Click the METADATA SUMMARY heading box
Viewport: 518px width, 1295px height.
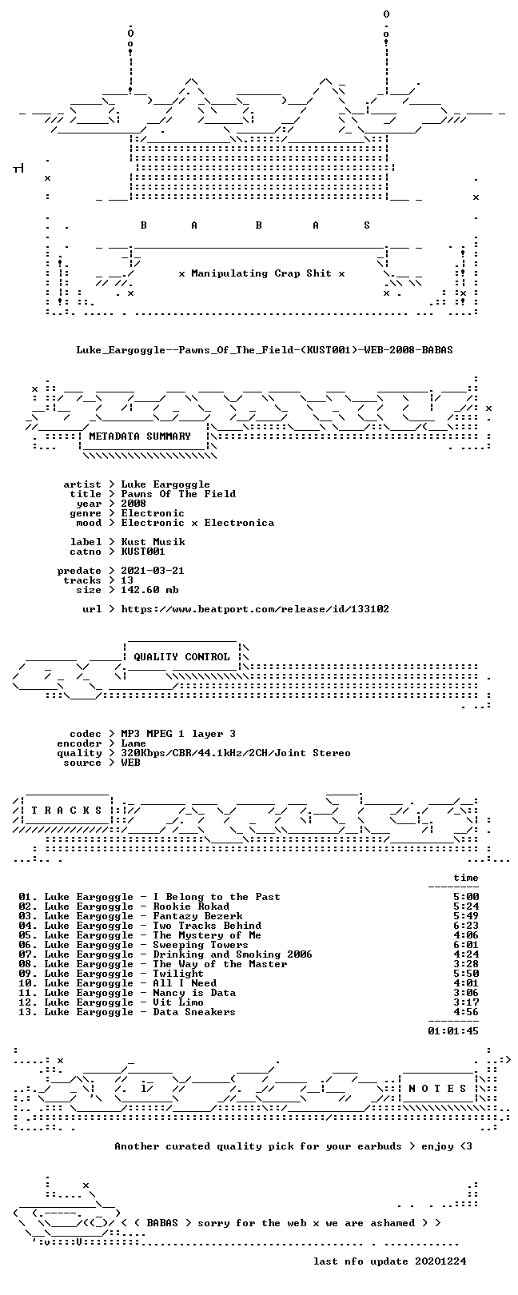(140, 436)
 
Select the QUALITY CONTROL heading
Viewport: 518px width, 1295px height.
(181, 657)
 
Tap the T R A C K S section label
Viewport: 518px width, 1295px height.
(66, 810)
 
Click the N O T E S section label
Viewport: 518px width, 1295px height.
(437, 1089)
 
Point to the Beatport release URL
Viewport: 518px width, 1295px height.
(255, 609)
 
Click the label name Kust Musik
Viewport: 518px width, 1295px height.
(153, 542)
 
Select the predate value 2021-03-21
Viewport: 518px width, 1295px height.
(153, 571)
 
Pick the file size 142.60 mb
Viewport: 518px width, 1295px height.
(149, 590)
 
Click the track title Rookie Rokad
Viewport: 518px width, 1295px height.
(191, 906)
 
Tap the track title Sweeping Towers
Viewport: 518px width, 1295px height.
(201, 945)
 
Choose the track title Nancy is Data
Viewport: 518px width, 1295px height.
(194, 993)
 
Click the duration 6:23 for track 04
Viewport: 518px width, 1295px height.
(466, 926)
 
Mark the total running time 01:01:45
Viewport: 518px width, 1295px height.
(453, 1030)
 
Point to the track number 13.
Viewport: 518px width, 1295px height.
(27, 1012)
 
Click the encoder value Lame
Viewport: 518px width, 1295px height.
(133, 743)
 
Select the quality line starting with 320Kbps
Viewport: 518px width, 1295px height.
(236, 753)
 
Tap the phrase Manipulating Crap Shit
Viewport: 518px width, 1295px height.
(261, 273)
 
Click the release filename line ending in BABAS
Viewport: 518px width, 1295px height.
(265, 350)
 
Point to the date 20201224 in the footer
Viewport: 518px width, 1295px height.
(440, 1261)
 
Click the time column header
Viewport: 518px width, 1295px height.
(466, 878)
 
